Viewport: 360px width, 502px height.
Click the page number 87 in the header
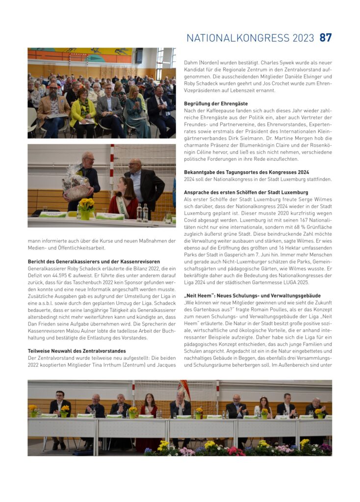(326, 37)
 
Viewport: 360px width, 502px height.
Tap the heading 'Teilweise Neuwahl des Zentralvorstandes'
(77, 351)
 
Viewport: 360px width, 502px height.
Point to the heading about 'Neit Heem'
(252, 296)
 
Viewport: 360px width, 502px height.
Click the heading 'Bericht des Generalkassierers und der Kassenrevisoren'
(93, 261)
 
